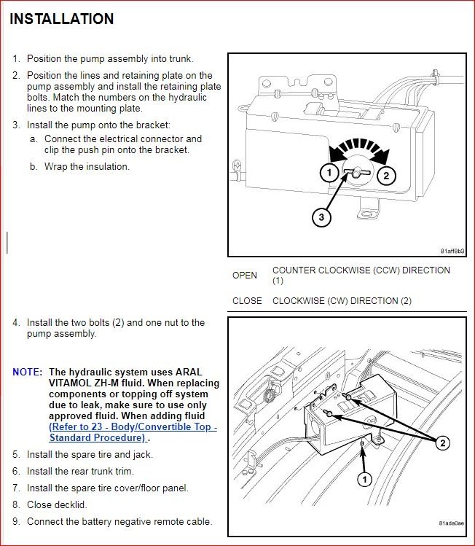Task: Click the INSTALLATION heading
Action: tap(62, 19)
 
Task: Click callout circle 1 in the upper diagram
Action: tap(329, 173)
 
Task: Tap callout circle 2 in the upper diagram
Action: tap(387, 174)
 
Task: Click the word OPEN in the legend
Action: tap(245, 276)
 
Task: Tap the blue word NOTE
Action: tap(27, 372)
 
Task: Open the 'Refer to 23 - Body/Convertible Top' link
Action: tap(133, 426)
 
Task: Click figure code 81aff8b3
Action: tap(452, 251)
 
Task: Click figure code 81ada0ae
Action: tap(452, 523)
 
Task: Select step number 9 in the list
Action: tap(16, 521)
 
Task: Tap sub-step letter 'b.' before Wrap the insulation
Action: tap(34, 166)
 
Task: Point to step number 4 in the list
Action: tap(16, 322)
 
